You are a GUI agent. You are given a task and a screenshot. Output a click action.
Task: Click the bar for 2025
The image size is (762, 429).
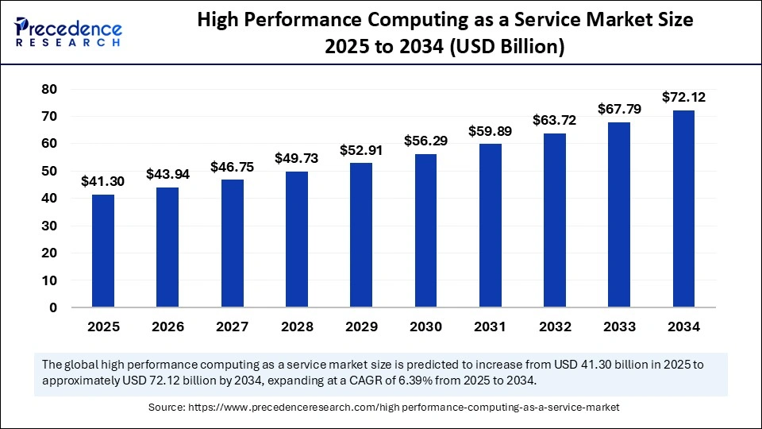pos(102,251)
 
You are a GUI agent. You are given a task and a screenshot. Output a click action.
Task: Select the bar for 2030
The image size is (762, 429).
pos(425,230)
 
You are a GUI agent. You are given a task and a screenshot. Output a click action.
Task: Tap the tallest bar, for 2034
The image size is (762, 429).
pos(683,209)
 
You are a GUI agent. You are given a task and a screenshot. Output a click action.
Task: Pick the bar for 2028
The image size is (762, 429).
pos(296,239)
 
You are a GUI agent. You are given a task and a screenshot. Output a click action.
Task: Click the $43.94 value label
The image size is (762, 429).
pos(167,174)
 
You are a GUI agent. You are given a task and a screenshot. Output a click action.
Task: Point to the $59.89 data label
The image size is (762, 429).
pos(490,130)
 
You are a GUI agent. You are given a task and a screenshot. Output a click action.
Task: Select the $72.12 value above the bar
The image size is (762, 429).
pos(683,97)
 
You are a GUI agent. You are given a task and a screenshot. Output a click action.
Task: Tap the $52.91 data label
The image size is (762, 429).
pos(361,149)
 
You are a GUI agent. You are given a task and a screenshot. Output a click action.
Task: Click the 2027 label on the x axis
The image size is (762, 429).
pos(232,327)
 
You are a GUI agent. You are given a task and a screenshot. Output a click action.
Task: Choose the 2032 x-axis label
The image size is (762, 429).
pos(555,327)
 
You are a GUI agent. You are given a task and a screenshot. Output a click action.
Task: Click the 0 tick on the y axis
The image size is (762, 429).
pos(53,307)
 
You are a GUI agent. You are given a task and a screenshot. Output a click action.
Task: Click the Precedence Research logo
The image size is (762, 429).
pos(68,32)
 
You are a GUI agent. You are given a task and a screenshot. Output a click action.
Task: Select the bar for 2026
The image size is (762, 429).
pos(167,247)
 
